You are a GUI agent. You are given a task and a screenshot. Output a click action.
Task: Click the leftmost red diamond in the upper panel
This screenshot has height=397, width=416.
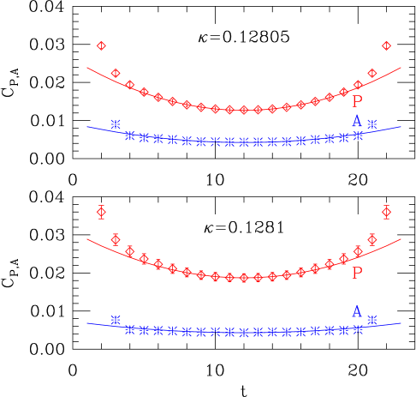coord(101,45)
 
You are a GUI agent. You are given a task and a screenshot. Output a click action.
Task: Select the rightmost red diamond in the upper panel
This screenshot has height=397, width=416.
coord(386,45)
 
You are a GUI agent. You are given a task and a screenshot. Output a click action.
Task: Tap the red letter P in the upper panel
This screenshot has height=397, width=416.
coord(357,101)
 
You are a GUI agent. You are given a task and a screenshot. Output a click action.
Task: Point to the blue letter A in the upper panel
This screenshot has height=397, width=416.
coord(357,122)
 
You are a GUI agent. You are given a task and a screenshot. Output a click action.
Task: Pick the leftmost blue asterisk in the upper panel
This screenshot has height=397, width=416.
coord(116,123)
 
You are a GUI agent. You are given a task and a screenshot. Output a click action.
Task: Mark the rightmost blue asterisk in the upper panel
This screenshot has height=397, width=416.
coord(358,135)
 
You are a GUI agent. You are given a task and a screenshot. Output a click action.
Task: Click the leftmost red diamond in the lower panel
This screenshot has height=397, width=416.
coord(101,212)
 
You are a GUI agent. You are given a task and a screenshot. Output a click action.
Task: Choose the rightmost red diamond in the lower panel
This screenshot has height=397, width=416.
coord(386,212)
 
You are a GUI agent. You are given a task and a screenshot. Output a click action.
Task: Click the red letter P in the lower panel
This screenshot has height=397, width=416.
coord(357,273)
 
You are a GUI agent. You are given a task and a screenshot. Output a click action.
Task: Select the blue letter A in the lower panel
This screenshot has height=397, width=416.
coord(357,311)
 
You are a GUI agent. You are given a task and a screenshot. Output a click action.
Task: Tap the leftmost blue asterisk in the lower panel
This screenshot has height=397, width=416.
coord(116,321)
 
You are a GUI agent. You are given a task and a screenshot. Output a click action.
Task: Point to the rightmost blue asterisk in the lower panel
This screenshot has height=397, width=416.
coord(371,320)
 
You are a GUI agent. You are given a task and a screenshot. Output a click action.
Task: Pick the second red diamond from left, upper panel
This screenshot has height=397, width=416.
coord(116,73)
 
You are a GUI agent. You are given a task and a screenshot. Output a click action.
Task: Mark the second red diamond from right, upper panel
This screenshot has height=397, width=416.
coord(371,73)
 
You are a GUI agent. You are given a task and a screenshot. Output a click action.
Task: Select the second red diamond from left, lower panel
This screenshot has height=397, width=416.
coord(116,239)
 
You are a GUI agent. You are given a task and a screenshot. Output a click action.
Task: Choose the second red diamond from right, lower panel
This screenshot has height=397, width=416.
coord(371,239)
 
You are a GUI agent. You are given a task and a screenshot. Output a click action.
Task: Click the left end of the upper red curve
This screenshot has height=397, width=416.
coord(87,67)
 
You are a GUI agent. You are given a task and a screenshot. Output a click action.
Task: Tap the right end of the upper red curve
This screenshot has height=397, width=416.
coord(401,67)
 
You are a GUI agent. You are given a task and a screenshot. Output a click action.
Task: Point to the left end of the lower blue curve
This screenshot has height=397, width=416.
coord(87,323)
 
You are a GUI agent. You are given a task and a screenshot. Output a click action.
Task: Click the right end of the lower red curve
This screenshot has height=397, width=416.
coord(401,239)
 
